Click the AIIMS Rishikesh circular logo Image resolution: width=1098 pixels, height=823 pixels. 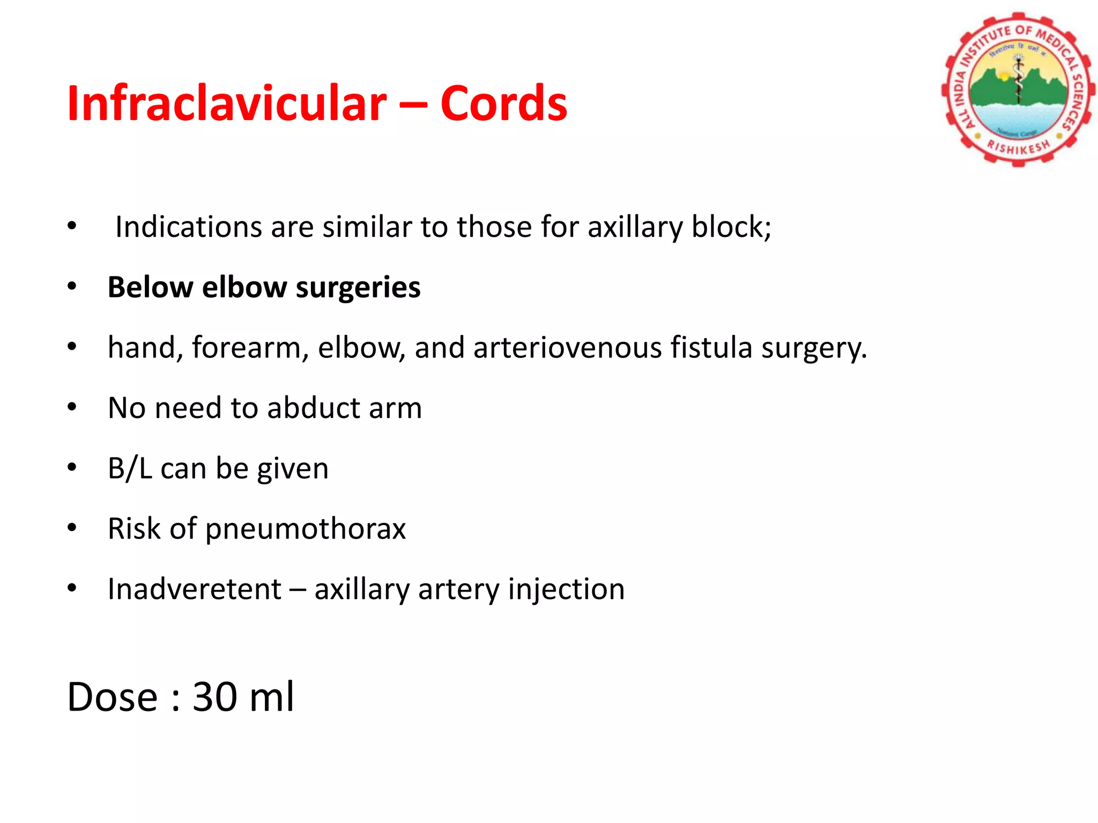coord(1017,89)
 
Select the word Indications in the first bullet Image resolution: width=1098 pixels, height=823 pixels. coord(188,227)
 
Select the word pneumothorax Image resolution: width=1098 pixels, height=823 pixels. coord(306,529)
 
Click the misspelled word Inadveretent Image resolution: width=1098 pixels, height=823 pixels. coord(194,589)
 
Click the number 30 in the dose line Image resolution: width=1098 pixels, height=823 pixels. coord(214,697)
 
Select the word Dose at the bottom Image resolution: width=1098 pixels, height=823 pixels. coord(112,697)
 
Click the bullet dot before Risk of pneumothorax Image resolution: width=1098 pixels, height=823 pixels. coord(72,529)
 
